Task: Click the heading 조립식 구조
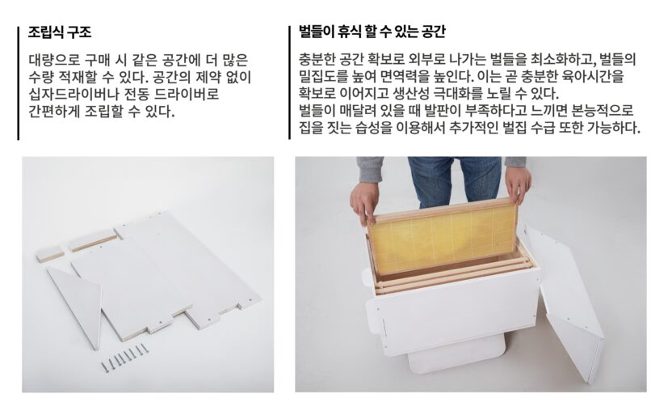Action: click(x=60, y=32)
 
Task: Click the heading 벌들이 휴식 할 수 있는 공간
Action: click(x=372, y=32)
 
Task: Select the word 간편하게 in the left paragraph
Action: click(x=54, y=111)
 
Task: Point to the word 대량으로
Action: click(x=54, y=59)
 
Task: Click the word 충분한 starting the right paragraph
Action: click(x=317, y=59)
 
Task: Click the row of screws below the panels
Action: click(x=124, y=357)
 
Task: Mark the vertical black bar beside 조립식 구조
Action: click(x=19, y=83)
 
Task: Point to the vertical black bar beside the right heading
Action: click(x=289, y=83)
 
